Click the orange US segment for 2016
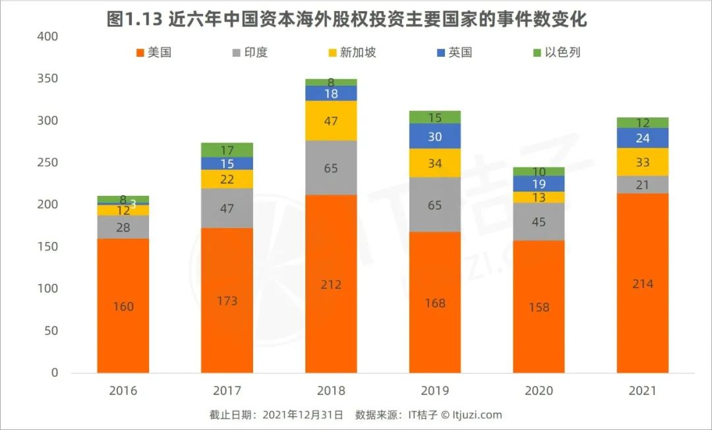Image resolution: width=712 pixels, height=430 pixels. coord(123,305)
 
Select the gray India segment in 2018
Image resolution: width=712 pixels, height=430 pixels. coord(331,168)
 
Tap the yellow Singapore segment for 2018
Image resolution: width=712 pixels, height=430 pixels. coord(331,121)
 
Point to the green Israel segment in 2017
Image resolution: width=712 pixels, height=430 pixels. coord(227,150)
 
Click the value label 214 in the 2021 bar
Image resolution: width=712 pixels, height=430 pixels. coord(643,284)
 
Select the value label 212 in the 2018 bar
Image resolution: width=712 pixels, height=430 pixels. coord(331,284)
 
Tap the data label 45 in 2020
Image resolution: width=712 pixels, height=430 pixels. coord(539,222)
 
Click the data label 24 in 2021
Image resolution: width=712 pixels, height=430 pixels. coord(643,138)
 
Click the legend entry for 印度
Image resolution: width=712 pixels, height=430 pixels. coord(250,52)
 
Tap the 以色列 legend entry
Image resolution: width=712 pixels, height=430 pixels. coord(561,52)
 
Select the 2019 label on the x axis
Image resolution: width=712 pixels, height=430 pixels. coord(435,390)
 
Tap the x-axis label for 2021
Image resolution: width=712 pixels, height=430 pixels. coord(643,390)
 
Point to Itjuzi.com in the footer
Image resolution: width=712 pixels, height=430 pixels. coord(477,415)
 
